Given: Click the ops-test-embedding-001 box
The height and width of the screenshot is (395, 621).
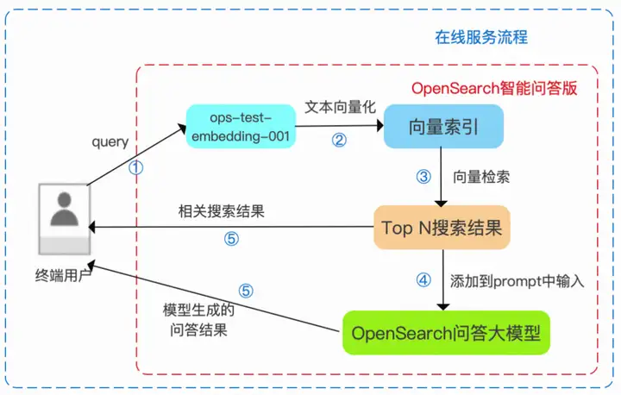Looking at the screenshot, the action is point(241,127).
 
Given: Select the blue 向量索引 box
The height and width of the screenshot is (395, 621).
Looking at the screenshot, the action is point(443,127).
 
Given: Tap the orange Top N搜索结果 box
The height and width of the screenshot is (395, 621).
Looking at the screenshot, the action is point(442,228).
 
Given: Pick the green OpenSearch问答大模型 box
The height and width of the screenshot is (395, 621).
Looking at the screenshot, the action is point(446,333).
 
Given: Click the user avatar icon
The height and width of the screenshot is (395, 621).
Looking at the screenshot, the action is point(65,219).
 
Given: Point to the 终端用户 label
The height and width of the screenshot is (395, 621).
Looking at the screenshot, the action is point(63,275).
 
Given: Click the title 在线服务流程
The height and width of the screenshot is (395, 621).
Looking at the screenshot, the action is point(481,37).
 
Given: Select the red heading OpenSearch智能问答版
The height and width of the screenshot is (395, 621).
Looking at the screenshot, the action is point(494,88).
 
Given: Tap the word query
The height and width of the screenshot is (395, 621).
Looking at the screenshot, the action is point(110,141).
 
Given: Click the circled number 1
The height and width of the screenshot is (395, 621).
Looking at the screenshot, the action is point(136,167).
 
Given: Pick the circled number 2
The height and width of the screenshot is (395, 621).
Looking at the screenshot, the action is point(339,140).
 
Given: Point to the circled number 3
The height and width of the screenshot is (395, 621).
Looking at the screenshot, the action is point(423,176).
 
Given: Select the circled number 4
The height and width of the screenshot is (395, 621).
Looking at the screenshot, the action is point(423,280).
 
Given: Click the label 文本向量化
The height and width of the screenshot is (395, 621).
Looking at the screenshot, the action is point(340,107).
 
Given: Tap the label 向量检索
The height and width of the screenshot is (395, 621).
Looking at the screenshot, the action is point(481,177).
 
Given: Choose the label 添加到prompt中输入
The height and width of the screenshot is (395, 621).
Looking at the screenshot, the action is point(517,281).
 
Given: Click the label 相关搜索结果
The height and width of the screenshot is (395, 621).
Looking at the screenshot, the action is point(222,211).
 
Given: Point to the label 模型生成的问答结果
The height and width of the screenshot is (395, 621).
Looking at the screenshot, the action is point(198,320).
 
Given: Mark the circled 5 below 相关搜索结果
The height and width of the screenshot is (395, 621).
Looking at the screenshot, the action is point(231,239).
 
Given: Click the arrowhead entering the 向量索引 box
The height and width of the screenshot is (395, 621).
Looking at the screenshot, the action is point(380,126).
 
